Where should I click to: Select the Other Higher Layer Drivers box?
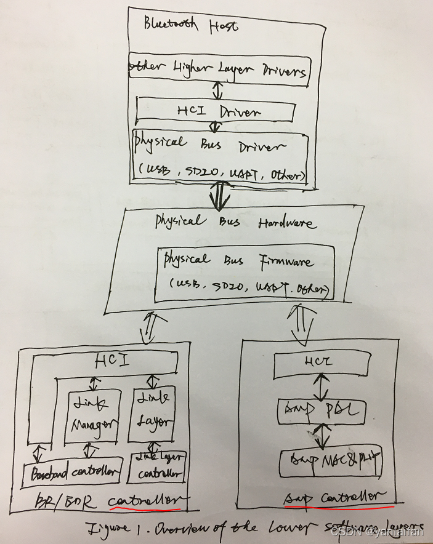[219, 71]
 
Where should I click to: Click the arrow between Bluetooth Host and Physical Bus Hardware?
[218, 195]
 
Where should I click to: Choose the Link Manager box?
[91, 414]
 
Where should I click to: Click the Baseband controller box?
[73, 473]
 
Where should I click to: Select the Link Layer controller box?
[158, 468]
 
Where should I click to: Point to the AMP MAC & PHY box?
[330, 460]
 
